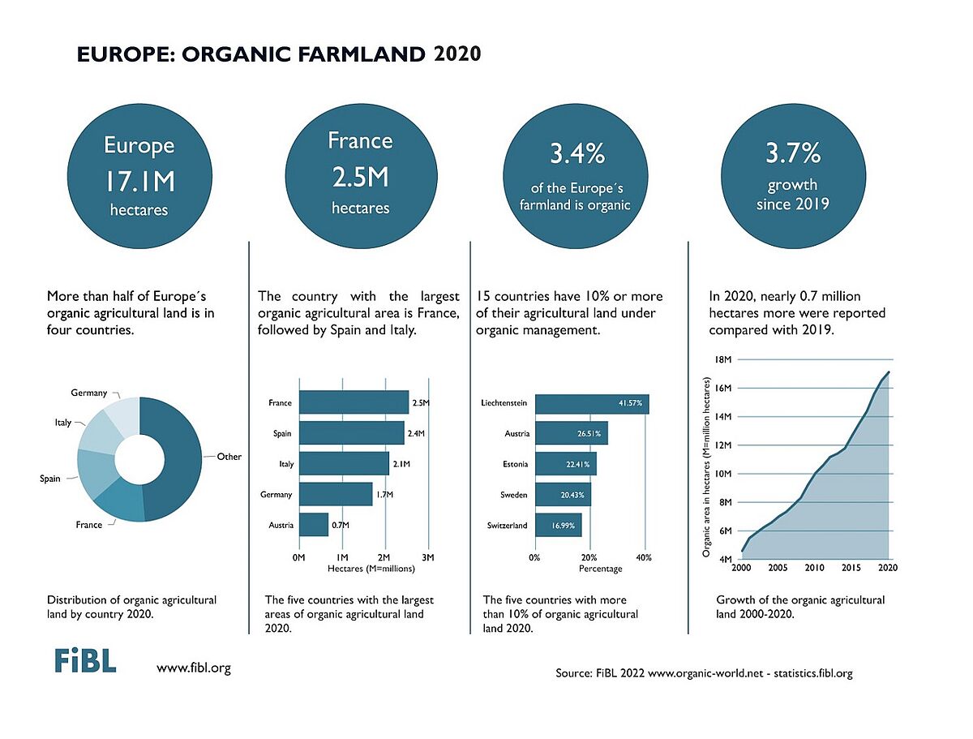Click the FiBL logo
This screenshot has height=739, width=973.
85,660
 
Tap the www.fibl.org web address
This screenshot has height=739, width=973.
194,668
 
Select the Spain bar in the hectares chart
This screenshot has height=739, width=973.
351,433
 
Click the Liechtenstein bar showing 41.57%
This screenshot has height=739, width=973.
592,403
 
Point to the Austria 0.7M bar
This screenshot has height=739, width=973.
313,525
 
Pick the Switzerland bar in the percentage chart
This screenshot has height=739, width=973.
558,525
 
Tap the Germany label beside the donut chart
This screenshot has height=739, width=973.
89,393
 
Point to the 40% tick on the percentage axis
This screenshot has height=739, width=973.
645,557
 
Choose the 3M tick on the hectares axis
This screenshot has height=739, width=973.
429,557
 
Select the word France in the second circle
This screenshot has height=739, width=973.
360,141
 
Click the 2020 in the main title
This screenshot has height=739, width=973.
457,54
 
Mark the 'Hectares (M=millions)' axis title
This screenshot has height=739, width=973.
371,569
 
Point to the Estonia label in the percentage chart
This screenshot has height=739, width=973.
515,464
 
